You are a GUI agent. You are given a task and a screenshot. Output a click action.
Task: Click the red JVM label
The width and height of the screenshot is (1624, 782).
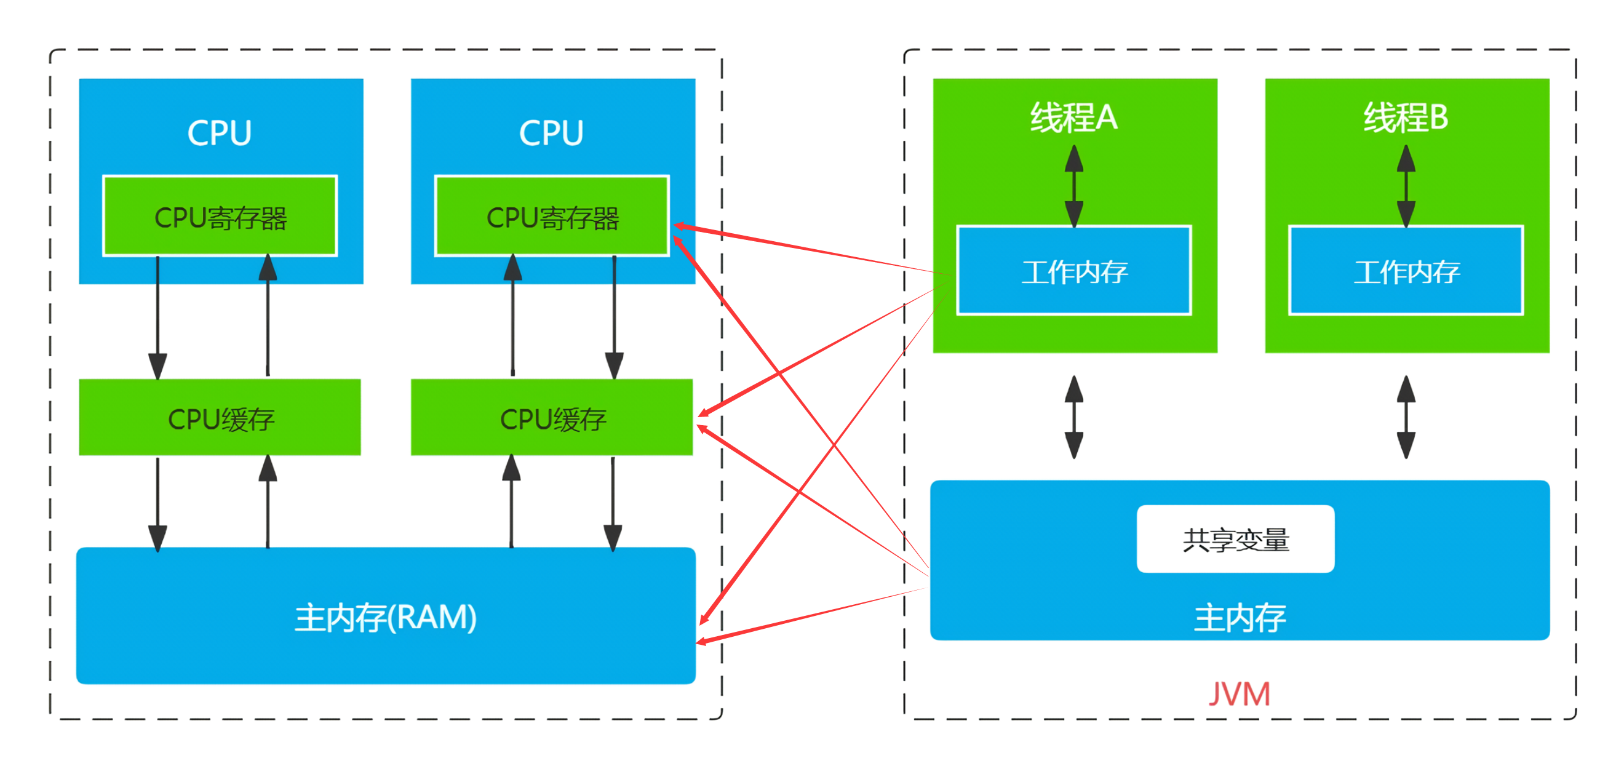tap(1239, 695)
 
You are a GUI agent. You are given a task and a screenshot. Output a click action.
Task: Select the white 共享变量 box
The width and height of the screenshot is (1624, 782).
tap(1235, 539)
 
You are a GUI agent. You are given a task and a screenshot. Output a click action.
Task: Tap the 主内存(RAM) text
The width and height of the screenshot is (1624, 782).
tap(386, 617)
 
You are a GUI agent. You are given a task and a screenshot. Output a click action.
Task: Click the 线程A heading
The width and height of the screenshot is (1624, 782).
tap(1073, 118)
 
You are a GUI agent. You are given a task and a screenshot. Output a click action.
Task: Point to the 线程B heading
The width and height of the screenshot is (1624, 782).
tap(1406, 118)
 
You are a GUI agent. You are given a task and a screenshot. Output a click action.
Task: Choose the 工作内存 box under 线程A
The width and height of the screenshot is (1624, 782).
tap(1073, 271)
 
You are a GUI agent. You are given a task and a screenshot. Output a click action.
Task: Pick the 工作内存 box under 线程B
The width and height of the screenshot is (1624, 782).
tap(1406, 271)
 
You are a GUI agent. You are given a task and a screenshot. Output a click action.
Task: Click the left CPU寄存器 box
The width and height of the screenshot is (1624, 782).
tap(220, 217)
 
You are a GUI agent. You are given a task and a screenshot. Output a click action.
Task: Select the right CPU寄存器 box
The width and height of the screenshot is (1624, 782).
tap(552, 217)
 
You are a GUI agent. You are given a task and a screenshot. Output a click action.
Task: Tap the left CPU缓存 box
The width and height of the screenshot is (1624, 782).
tap(220, 418)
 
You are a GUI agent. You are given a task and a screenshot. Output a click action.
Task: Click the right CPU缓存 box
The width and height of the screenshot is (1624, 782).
tap(552, 418)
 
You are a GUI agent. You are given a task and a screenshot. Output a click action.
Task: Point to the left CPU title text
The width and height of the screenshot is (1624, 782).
tap(220, 133)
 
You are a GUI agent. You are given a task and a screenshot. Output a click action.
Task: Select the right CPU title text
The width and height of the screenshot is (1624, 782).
tap(551, 133)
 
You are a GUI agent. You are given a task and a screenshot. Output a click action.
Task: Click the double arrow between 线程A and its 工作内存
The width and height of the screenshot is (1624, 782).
tap(1073, 185)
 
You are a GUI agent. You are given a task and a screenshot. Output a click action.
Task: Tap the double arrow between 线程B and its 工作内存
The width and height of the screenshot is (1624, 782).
tap(1406, 185)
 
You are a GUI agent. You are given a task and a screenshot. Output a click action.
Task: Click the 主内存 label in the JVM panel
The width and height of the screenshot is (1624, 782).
tap(1240, 617)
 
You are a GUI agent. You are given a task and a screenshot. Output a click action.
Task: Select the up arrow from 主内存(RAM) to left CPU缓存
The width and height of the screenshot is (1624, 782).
tap(268, 501)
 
